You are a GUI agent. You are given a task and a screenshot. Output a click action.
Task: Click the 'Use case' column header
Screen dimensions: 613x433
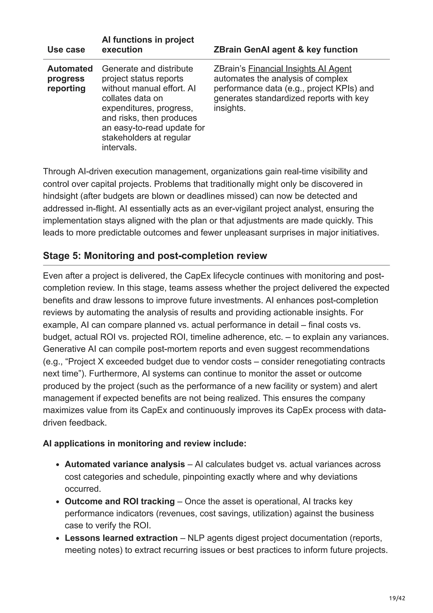tap(66, 50)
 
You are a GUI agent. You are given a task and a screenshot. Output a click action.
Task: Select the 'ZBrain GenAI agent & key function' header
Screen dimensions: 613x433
tap(285, 50)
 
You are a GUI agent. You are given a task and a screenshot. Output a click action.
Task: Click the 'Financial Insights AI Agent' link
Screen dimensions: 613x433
tap(300, 69)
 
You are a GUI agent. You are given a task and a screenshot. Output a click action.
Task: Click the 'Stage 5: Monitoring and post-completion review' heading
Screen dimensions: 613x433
tap(155, 256)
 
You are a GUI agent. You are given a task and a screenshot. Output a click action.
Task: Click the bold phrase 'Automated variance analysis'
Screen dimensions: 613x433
tap(125, 464)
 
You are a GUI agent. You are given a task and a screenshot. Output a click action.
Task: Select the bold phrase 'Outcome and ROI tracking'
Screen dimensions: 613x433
tap(119, 501)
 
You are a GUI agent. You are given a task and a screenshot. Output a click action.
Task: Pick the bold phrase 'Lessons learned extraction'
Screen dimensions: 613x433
tap(121, 538)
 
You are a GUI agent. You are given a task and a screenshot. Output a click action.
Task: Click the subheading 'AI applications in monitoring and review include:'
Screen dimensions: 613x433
tap(144, 444)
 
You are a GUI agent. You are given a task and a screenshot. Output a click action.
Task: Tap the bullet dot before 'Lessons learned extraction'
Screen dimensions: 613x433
tap(58, 539)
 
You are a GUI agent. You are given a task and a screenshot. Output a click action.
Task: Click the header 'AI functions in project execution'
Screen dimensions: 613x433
tap(148, 45)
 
